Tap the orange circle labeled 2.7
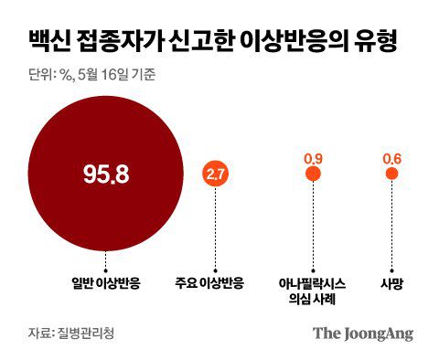pyautogui.click(x=217, y=175)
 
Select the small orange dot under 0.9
pyautogui.click(x=312, y=175)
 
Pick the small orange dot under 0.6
pyautogui.click(x=392, y=175)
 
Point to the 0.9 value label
pyautogui.click(x=312, y=158)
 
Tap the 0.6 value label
pyautogui.click(x=392, y=158)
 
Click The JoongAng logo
pyautogui.click(x=363, y=332)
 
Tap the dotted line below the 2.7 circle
pyautogui.click(x=217, y=228)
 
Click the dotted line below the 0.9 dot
pyautogui.click(x=312, y=224)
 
